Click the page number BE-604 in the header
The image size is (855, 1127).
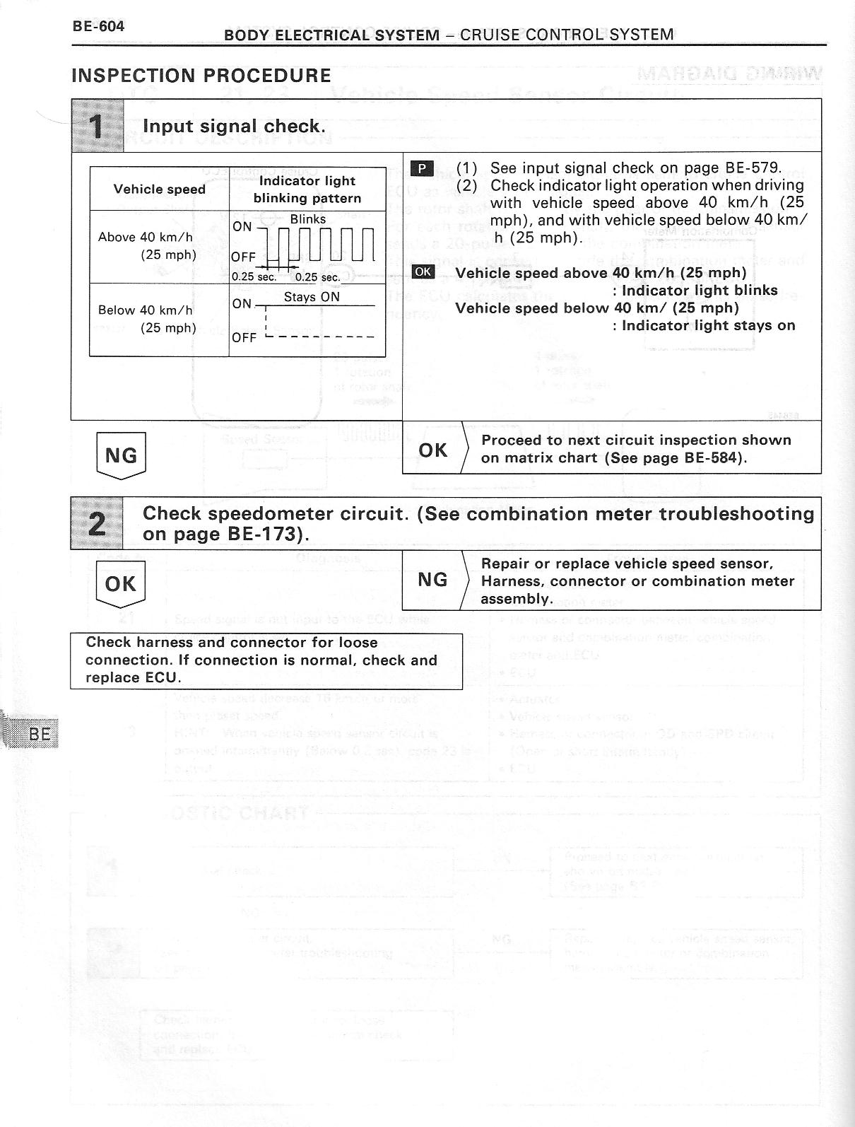click(98, 27)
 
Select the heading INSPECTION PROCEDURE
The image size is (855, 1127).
click(201, 76)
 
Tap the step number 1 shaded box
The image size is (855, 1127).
click(98, 126)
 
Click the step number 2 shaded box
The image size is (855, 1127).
click(97, 524)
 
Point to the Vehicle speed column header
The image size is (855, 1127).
click(160, 189)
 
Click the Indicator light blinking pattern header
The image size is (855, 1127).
click(307, 189)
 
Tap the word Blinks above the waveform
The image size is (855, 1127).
click(308, 219)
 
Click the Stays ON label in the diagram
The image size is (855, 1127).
click(312, 297)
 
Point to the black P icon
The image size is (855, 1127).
click(422, 168)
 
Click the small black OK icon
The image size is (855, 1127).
click(423, 272)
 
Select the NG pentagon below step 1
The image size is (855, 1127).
click(121, 455)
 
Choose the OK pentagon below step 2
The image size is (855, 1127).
click(120, 584)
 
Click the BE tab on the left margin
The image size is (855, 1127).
click(40, 733)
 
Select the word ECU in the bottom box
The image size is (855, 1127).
click(163, 677)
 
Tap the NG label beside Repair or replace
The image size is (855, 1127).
click(432, 580)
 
